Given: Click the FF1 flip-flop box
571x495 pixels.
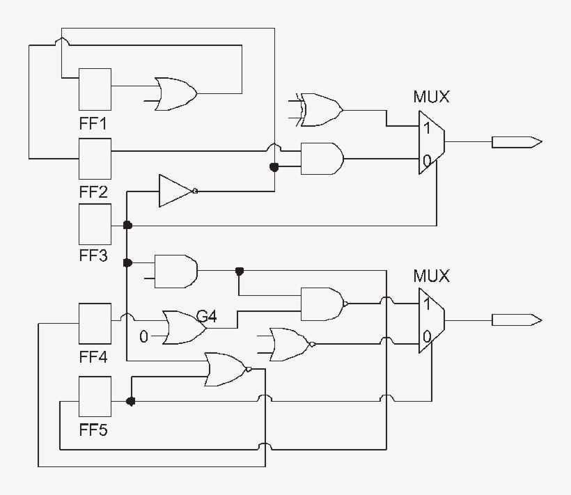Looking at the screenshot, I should click(95, 88).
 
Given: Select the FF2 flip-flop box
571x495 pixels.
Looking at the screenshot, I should click(95, 159).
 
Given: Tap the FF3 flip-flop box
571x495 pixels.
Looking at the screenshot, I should click(95, 224).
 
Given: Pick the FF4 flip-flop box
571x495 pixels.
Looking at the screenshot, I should click(95, 324).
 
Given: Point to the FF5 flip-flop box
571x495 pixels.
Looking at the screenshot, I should click(95, 396).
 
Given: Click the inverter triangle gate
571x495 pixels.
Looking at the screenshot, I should click(175, 191).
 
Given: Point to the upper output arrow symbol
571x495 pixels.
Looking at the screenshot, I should click(516, 142).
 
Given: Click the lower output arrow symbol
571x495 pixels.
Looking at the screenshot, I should click(516, 320).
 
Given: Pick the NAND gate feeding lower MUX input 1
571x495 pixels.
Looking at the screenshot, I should click(322, 304).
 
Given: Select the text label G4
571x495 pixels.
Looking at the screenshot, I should click(206, 317).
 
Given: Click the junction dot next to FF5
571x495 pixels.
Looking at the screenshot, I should click(130, 402).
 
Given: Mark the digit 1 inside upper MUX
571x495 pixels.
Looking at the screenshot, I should click(426, 128).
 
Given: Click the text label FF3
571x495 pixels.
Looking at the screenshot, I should click(93, 256).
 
